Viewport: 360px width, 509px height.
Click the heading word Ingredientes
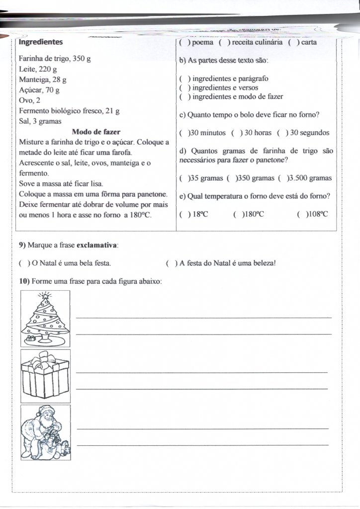[41, 42]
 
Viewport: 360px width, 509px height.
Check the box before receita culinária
[223, 42]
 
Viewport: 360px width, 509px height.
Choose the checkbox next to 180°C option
[237, 214]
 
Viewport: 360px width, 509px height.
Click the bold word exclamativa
[97, 245]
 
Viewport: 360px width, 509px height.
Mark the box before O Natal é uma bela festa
[23, 263]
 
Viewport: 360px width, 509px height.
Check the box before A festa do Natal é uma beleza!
[171, 263]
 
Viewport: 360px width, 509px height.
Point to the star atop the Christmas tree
[45, 296]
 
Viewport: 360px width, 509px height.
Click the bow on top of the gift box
[45, 358]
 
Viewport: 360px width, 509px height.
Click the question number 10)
[24, 281]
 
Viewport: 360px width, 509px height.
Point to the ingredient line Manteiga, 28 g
[43, 80]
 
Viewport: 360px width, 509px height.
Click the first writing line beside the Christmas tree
[204, 317]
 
